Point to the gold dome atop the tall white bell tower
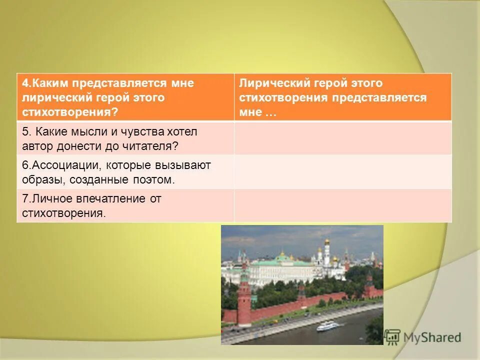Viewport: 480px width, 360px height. [x=327, y=242]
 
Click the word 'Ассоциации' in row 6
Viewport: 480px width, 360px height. [x=58, y=165]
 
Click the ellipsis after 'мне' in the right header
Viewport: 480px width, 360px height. [x=270, y=112]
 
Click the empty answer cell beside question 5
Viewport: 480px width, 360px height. [x=342, y=138]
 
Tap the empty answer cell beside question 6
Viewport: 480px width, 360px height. [x=342, y=171]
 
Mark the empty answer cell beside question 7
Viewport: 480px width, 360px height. [x=342, y=205]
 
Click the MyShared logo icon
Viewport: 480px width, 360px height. [x=392, y=337]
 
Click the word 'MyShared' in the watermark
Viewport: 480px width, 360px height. [x=432, y=337]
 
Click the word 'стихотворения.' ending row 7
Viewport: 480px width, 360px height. [x=64, y=213]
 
